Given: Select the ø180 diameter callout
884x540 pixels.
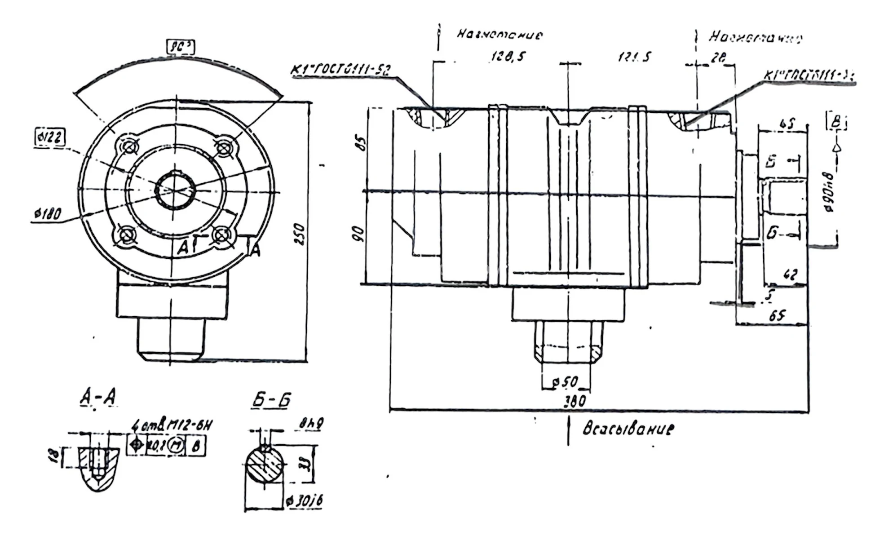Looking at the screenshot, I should (48, 213).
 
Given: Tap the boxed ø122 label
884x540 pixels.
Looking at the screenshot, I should (49, 137).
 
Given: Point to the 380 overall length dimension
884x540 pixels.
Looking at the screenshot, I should (575, 400).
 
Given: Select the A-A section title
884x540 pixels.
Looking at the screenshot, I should (98, 397).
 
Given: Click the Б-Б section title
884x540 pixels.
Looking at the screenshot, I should (271, 399).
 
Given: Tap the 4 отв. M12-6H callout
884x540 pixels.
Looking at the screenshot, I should (172, 425).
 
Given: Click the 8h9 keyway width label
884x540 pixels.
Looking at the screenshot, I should (312, 423).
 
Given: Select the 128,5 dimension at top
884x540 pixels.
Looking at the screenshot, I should (508, 57).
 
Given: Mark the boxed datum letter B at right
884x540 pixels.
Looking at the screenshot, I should (836, 122).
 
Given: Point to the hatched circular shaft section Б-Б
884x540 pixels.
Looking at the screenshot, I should (265, 464).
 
